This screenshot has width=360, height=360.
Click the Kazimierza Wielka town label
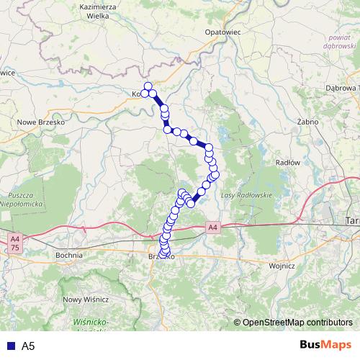point(100,11)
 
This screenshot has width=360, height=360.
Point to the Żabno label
point(307,122)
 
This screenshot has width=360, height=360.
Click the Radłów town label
point(288,163)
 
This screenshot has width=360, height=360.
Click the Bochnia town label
point(71,255)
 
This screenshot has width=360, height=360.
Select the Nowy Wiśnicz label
point(86,299)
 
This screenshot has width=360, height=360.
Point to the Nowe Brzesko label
point(41,122)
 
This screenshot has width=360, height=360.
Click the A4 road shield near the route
point(212,228)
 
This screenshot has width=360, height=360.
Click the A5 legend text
point(28,346)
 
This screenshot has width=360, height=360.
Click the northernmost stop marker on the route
point(148,87)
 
